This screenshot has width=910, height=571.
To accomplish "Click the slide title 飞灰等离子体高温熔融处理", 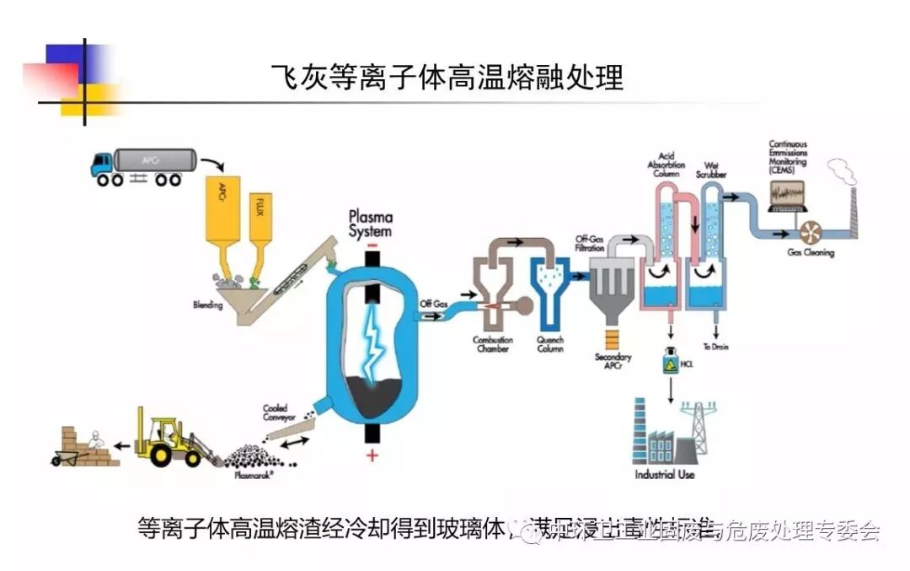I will tap(447, 78).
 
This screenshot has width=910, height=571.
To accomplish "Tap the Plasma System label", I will tap(371, 224).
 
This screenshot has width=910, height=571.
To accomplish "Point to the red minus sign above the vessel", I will tap(372, 245).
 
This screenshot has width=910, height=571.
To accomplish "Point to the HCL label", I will tap(686, 366).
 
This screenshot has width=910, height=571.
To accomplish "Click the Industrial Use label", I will tap(665, 475).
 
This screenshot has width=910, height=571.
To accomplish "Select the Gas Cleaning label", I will tap(811, 252).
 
